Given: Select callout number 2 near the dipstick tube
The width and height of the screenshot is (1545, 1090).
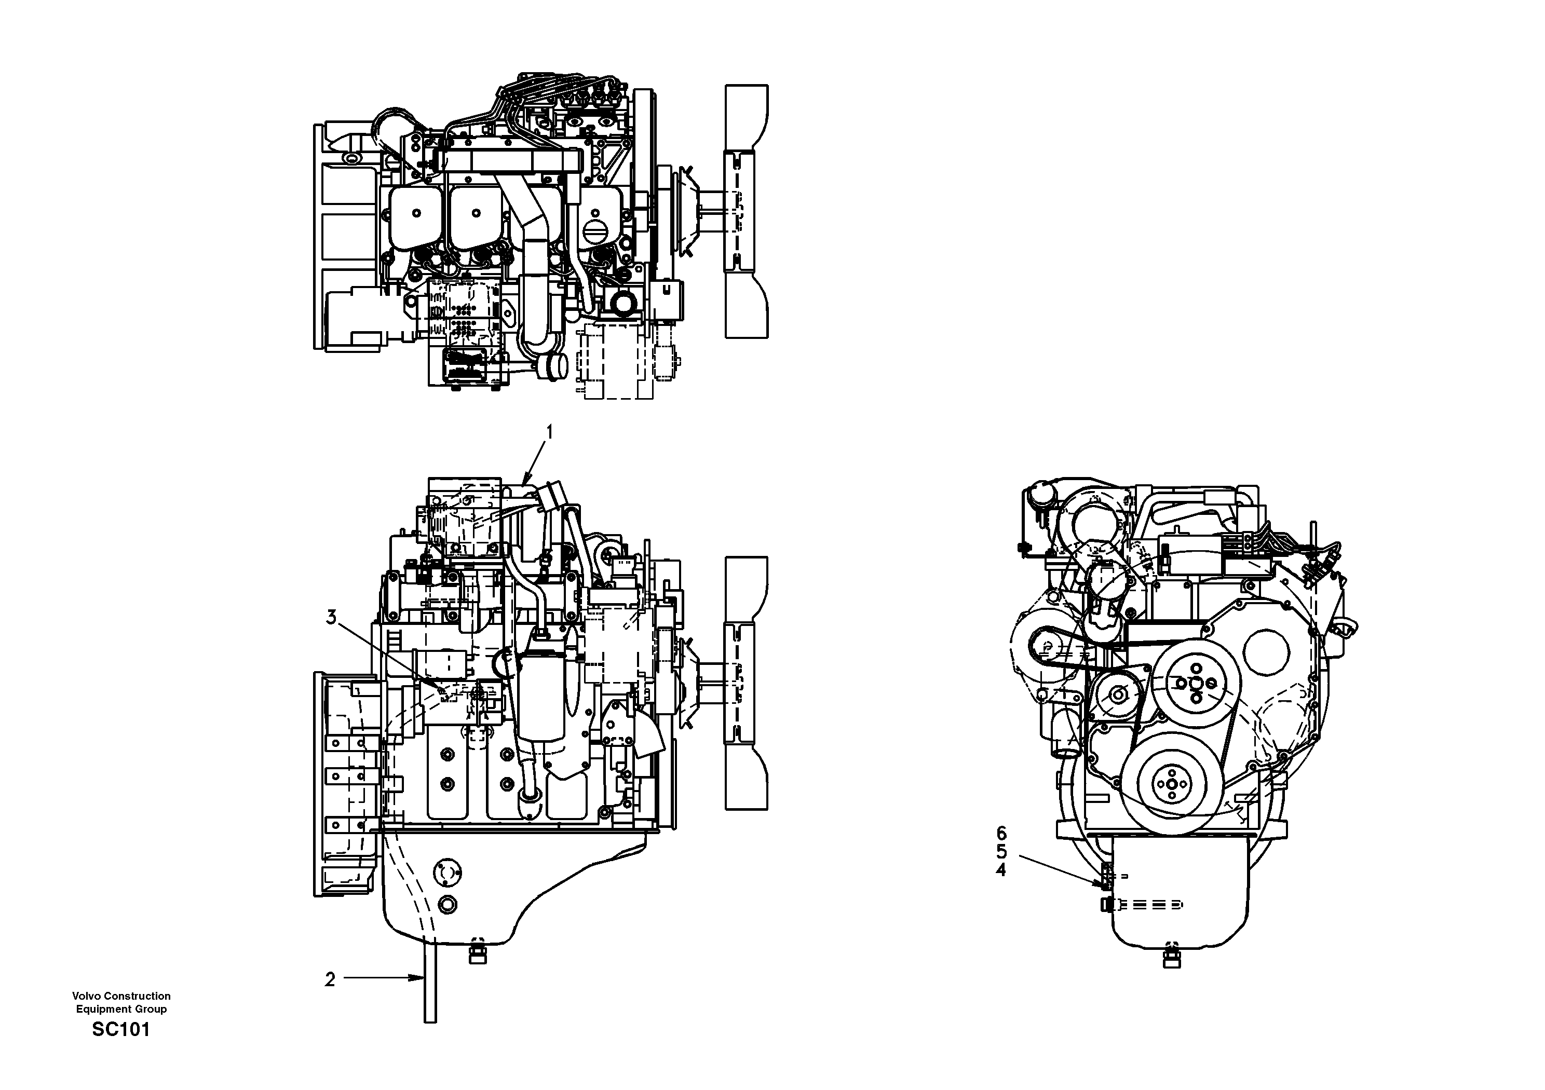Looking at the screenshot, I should coord(330,979).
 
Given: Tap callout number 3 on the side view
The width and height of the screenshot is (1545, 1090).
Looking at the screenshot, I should coord(331,617).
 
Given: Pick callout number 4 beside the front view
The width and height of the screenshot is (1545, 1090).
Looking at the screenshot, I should coord(1001,870).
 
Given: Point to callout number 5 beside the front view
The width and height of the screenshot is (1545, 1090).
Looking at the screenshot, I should coord(1001,852).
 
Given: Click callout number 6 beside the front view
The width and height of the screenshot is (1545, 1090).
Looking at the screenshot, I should coord(1001,834).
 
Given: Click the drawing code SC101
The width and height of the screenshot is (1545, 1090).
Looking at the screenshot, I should coord(121,1029).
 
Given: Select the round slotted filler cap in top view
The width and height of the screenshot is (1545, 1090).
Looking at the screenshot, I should coord(596,236).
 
